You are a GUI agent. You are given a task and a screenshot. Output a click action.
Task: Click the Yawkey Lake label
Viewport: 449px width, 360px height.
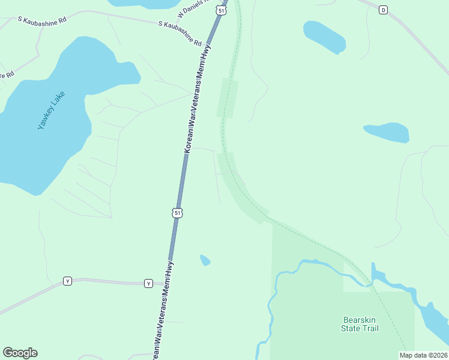pyautogui.click(x=50, y=111)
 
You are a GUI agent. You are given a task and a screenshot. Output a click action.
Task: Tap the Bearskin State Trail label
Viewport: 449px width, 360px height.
pyautogui.click(x=360, y=324)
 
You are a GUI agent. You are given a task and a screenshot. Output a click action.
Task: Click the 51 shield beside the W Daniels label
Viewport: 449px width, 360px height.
pyautogui.click(x=222, y=11)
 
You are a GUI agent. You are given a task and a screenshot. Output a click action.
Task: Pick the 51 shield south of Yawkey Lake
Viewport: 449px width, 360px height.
pyautogui.click(x=176, y=212)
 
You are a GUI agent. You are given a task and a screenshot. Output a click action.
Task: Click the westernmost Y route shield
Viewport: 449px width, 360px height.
pyautogui.click(x=67, y=281)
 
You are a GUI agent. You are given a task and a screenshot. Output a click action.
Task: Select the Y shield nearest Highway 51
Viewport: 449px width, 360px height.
pyautogui.click(x=148, y=283)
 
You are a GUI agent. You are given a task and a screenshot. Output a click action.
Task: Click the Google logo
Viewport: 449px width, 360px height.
pyautogui.click(x=20, y=353)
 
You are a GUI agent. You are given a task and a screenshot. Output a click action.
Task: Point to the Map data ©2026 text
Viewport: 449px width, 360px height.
pyautogui.click(x=423, y=355)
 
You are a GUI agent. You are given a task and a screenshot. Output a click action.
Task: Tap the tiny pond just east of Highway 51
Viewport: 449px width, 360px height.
pyautogui.click(x=205, y=260)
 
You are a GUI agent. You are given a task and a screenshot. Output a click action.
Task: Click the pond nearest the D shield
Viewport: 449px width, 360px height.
pyautogui.click(x=325, y=36)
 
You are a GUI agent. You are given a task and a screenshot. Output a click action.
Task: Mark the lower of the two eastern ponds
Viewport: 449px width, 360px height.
pyautogui.click(x=387, y=132)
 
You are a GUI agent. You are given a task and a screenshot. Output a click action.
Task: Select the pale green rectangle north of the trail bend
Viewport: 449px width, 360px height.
pyautogui.click(x=228, y=98)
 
